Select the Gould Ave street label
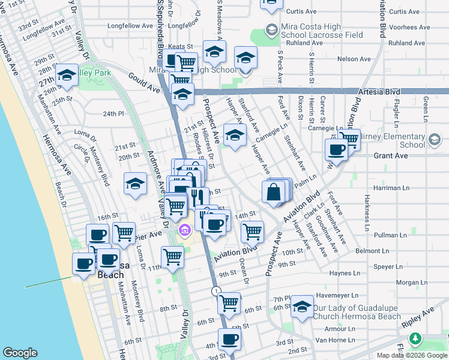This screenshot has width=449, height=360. pyautogui.click(x=143, y=82)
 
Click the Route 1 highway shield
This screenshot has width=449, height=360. pyautogui.click(x=216, y=290)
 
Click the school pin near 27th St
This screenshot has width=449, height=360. pyautogui.click(x=67, y=76)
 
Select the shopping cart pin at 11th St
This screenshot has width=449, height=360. pyautogui.click(x=172, y=257)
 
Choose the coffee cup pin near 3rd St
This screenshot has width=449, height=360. pyautogui.click(x=228, y=340)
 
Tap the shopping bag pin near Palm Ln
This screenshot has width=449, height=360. pyautogui.click(x=273, y=193)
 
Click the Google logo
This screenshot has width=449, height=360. pyautogui.click(x=20, y=353)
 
